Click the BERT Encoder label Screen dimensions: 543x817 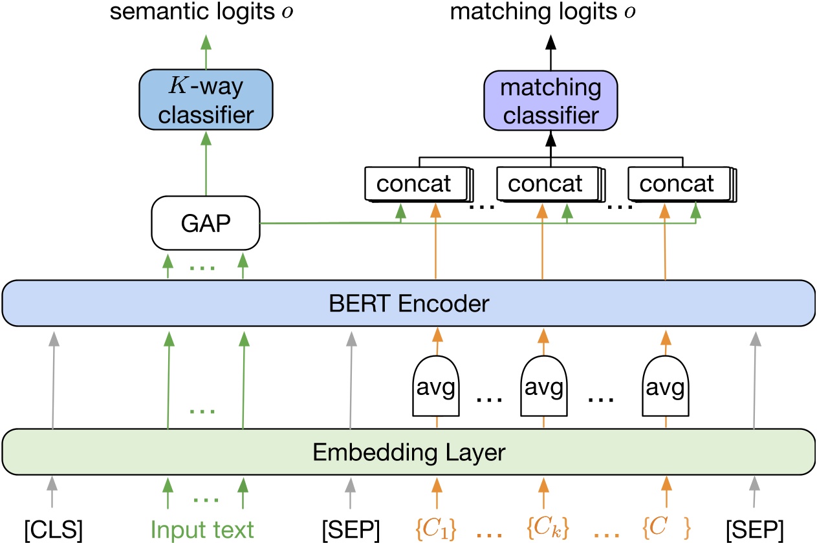click(x=408, y=303)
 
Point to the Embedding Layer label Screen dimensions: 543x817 click(x=408, y=451)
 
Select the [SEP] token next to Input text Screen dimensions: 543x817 click(x=350, y=529)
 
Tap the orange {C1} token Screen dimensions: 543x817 click(x=437, y=529)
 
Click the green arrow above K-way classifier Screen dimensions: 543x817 click(x=206, y=52)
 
